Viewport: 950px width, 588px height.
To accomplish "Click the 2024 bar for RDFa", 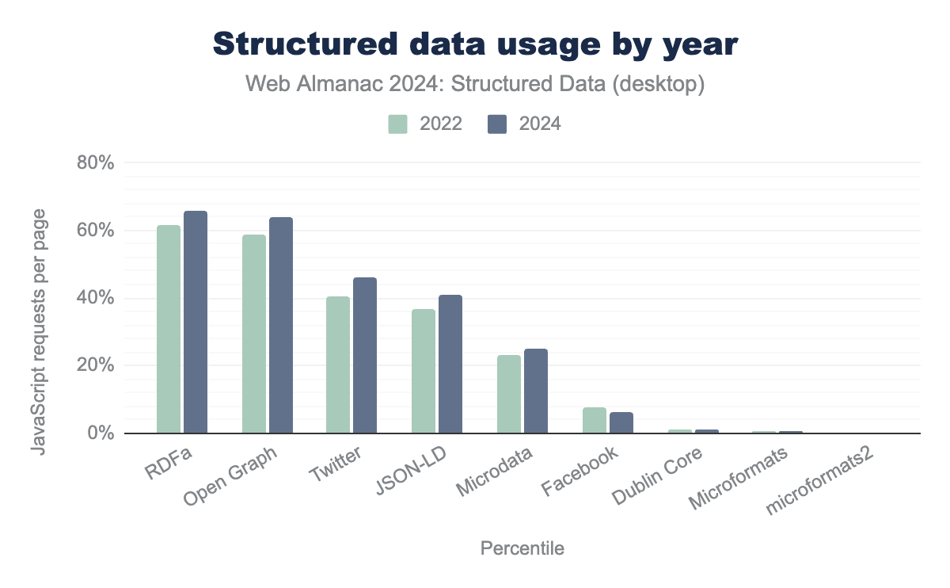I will click(196, 323).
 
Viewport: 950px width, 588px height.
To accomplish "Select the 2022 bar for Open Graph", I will click(254, 334).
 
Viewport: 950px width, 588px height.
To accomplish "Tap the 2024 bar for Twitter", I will click(365, 356).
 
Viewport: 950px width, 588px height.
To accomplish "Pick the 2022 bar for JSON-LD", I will click(424, 372).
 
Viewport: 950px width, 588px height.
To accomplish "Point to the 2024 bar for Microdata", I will click(536, 391).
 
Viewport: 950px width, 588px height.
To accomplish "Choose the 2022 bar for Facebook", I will click(595, 421).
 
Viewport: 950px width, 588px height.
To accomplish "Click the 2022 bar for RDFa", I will click(169, 330).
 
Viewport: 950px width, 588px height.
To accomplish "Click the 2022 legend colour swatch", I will click(397, 124).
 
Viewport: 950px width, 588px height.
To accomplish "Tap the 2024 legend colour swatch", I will click(497, 124).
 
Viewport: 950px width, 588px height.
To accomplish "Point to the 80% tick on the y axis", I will click(96, 163).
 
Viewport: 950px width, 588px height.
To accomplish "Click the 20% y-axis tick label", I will click(96, 366).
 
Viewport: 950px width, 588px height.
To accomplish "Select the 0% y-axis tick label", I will click(101, 434).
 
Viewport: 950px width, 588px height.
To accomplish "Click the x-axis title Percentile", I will click(522, 548).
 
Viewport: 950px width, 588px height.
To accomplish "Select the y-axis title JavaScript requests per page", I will click(38, 332).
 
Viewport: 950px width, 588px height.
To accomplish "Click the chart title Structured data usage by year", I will click(475, 45).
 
